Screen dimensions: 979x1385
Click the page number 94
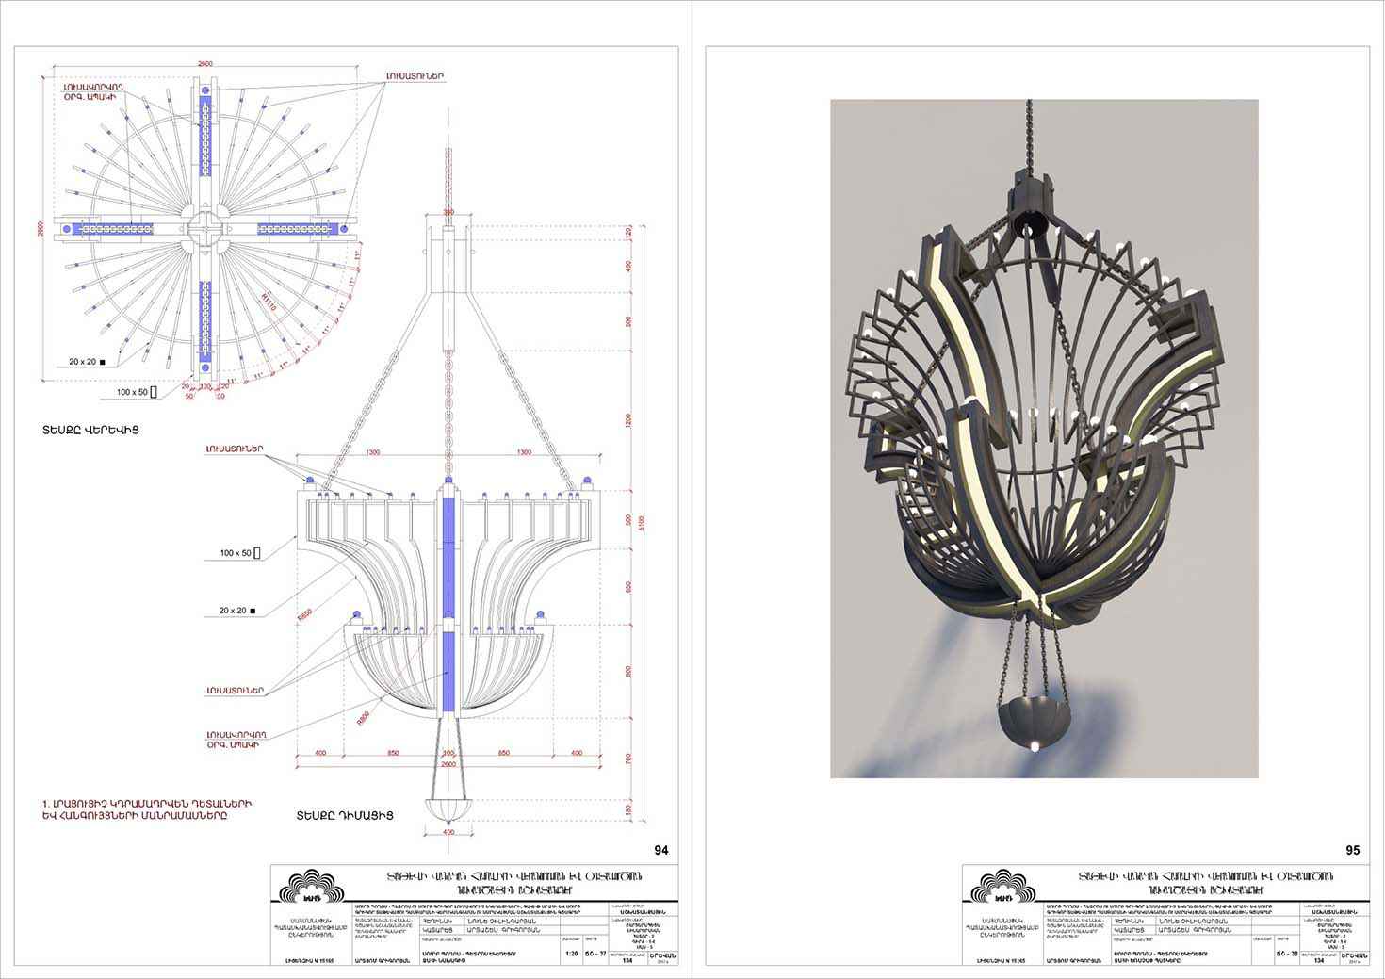click(660, 850)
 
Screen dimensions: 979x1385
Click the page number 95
click(1352, 850)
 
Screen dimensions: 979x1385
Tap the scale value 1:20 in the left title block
click(571, 953)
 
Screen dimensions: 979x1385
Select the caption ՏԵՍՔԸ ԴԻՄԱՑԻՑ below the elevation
click(343, 815)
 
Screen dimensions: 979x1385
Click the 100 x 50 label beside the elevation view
click(236, 553)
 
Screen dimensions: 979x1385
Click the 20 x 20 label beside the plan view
click(87, 361)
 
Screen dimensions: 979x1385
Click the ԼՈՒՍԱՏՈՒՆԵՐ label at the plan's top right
click(414, 75)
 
